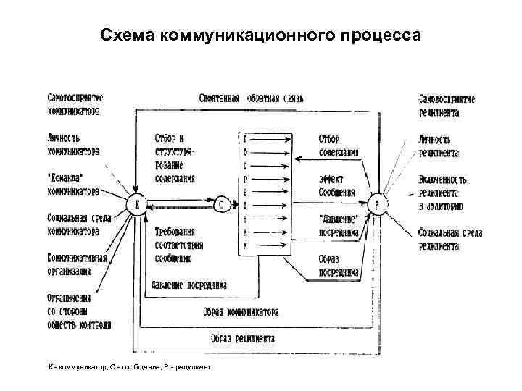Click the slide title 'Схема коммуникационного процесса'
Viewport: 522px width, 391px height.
click(260, 35)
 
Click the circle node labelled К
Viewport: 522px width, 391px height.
click(136, 205)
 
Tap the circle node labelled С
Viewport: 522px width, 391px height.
click(222, 205)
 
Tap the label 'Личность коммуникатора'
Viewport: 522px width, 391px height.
click(73, 144)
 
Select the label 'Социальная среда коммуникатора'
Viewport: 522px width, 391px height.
click(73, 224)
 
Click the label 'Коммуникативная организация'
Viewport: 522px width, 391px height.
click(78, 264)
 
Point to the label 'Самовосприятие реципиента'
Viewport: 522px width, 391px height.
click(447, 105)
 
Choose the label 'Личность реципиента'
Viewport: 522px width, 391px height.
click(439, 146)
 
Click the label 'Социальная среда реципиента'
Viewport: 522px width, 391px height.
click(449, 239)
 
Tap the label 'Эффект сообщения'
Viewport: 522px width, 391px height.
click(336, 185)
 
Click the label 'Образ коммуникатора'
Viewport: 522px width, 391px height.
click(241, 312)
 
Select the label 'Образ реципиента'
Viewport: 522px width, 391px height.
click(243, 338)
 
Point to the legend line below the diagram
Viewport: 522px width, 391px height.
click(125, 368)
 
